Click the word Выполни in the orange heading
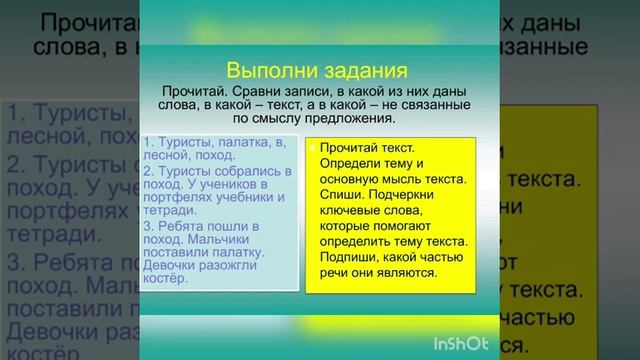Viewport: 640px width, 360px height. click(263, 70)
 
